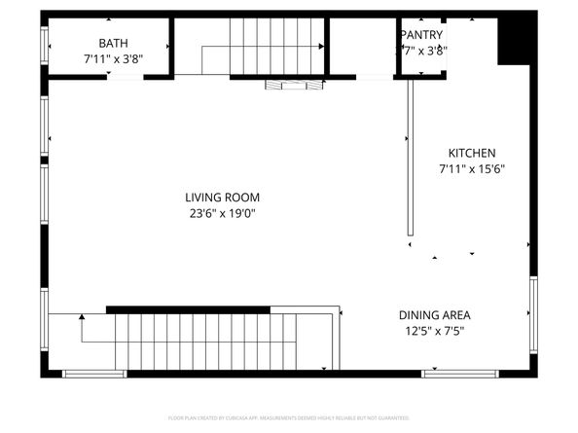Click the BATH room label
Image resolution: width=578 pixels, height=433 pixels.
coord(113,43)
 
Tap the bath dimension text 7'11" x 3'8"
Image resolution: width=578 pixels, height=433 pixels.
coord(113,58)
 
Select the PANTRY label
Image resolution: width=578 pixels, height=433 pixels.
coord(421,35)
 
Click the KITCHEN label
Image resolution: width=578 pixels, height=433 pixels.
coord(472,153)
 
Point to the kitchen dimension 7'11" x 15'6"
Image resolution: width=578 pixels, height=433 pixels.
coord(472,168)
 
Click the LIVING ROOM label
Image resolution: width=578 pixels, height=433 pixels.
coord(223,198)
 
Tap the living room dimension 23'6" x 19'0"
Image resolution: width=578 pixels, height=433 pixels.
coord(223,213)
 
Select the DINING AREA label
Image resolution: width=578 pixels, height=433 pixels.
coord(435,315)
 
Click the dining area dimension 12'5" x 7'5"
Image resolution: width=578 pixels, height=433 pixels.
coord(435,331)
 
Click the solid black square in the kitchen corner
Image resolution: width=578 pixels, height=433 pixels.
coord(513,42)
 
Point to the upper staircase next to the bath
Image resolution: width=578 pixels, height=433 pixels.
coord(263,45)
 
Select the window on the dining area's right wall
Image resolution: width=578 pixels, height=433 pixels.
coord(533,315)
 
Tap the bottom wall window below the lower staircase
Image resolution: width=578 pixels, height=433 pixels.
coord(94,373)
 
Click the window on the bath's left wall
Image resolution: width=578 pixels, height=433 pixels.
coord(44,45)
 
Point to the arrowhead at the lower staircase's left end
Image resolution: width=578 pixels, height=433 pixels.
coord(82,316)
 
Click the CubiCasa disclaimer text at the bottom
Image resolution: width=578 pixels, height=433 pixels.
coord(289,417)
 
